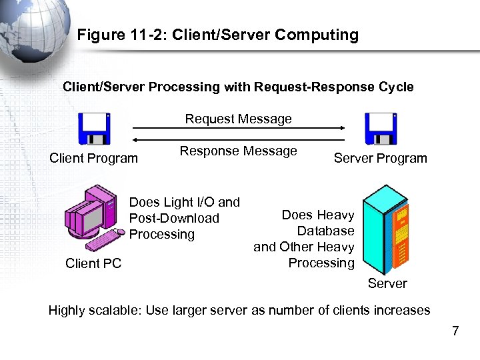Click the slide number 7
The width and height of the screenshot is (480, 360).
pyautogui.click(x=455, y=331)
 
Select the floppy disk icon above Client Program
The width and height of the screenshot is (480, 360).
pyautogui.click(x=94, y=129)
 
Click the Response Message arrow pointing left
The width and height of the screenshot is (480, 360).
pyautogui.click(x=238, y=140)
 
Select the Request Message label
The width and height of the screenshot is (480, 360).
pyautogui.click(x=238, y=119)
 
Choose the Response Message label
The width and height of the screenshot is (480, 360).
pyautogui.click(x=238, y=151)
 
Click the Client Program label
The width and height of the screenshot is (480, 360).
pyautogui.click(x=94, y=158)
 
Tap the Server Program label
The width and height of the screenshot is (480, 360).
pyautogui.click(x=380, y=158)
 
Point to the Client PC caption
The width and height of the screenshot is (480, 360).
pyautogui.click(x=93, y=263)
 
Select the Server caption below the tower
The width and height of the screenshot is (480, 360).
pyautogui.click(x=387, y=283)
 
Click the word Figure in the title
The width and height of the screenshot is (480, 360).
pyautogui.click(x=100, y=35)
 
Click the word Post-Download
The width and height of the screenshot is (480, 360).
pyautogui.click(x=174, y=218)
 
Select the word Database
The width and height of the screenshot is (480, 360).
pyautogui.click(x=325, y=231)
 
